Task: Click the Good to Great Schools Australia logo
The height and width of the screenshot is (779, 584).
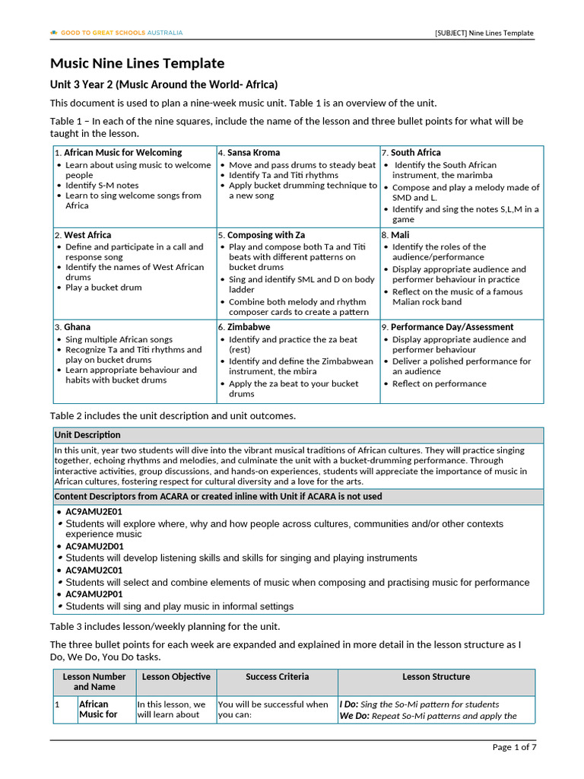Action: pyautogui.click(x=116, y=33)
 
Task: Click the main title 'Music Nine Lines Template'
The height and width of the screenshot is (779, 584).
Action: pyautogui.click(x=137, y=63)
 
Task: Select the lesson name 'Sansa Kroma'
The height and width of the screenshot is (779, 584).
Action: pyautogui.click(x=253, y=153)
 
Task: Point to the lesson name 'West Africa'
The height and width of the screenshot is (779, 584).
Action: pyautogui.click(x=87, y=235)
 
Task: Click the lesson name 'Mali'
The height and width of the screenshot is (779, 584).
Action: pyautogui.click(x=399, y=235)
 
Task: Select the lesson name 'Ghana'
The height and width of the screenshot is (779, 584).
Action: pyautogui.click(x=77, y=327)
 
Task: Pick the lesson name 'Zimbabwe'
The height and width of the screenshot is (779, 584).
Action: pyautogui.click(x=249, y=327)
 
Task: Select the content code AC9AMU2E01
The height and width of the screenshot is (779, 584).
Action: pyautogui.click(x=94, y=512)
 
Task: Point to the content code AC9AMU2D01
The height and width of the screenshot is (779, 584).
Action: pyautogui.click(x=94, y=546)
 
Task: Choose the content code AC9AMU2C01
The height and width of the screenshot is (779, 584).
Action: pyautogui.click(x=94, y=570)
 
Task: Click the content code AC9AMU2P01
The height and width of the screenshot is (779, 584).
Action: pyautogui.click(x=94, y=594)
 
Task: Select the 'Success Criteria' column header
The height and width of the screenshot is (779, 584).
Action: pyautogui.click(x=278, y=676)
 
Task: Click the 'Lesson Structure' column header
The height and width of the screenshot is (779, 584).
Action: pyautogui.click(x=436, y=676)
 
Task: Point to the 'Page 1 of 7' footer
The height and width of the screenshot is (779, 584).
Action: pyautogui.click(x=514, y=747)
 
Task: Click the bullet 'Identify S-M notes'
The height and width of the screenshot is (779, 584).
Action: pyautogui.click(x=102, y=185)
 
